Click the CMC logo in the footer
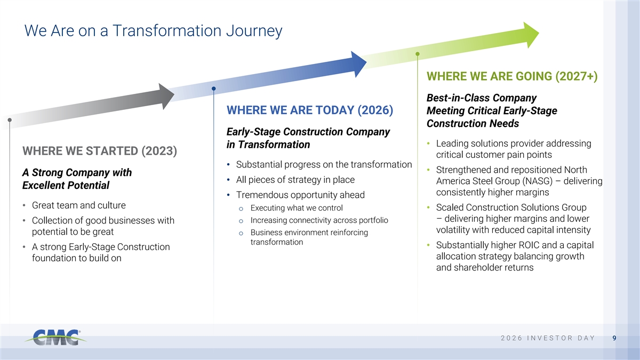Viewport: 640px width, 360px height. pyautogui.click(x=55, y=338)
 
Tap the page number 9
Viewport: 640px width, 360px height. pyautogui.click(x=614, y=338)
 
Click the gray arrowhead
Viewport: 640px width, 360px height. pyautogui.click(x=166, y=97)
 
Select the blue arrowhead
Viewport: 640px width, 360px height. pyautogui.click(x=359, y=64)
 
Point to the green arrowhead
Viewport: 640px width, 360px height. pyautogui.click(x=531, y=35)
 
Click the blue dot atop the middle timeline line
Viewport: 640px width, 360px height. pyautogui.click(x=214, y=89)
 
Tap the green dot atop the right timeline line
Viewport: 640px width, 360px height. pyautogui.click(x=418, y=54)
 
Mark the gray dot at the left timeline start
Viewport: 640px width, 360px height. pyautogui.click(x=10, y=120)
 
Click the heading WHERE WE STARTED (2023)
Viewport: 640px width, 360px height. pyautogui.click(x=100, y=151)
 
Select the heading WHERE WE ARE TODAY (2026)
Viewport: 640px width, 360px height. pyautogui.click(x=310, y=110)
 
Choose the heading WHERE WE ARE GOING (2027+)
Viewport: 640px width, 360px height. pyautogui.click(x=512, y=76)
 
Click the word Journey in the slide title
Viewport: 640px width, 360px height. pyautogui.click(x=254, y=31)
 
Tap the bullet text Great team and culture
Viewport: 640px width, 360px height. pyautogui.click(x=79, y=205)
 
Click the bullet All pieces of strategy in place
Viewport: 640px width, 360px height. pyautogui.click(x=295, y=179)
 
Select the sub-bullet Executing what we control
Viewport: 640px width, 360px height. pyautogui.click(x=297, y=207)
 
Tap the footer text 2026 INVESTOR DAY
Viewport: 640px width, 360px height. pyautogui.click(x=548, y=338)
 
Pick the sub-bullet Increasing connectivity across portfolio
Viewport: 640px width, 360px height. pyautogui.click(x=319, y=220)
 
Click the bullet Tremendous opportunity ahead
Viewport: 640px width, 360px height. pyautogui.click(x=300, y=195)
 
